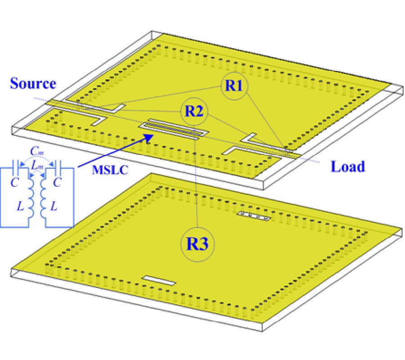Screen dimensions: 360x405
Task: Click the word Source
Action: [33, 84]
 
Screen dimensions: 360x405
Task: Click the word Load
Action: [347, 166]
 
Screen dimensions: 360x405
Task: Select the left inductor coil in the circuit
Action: [30, 198]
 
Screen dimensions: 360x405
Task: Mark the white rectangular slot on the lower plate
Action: [159, 281]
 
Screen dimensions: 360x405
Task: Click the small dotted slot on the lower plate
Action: [254, 217]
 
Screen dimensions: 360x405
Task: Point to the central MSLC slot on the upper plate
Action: [174, 129]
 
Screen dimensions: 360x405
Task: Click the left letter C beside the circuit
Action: [11, 180]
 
